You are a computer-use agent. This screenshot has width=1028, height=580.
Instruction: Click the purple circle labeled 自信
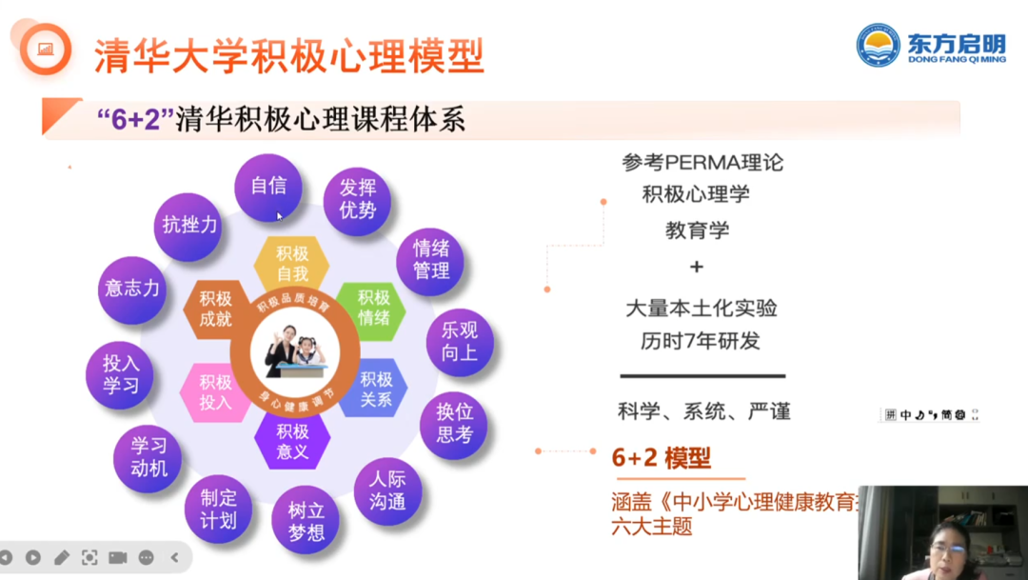(x=268, y=187)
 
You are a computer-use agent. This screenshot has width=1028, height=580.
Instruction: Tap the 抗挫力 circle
(x=189, y=226)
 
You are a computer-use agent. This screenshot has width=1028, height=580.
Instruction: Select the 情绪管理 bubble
(x=430, y=260)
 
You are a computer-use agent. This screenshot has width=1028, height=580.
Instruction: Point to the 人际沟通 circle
(x=387, y=490)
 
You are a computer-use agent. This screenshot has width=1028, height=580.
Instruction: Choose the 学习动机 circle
(x=148, y=457)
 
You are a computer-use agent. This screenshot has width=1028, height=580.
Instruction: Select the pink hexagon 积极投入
(x=215, y=391)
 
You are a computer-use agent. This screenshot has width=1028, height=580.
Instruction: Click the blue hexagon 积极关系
(x=375, y=390)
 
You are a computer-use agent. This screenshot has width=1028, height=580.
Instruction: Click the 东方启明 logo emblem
(x=878, y=45)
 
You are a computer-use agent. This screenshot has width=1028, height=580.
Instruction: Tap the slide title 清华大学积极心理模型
(x=288, y=55)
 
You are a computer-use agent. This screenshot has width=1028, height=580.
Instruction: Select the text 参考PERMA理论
(x=702, y=162)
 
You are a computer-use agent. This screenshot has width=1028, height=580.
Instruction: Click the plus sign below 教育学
(x=698, y=268)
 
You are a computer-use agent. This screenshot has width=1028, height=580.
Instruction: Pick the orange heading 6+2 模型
(x=661, y=458)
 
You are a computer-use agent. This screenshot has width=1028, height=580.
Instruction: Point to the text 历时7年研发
(x=700, y=341)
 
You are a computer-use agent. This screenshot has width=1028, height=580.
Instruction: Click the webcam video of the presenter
(x=942, y=532)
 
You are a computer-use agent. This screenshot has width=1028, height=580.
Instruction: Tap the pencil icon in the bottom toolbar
(x=61, y=557)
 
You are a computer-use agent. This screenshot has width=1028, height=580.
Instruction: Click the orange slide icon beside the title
(x=45, y=49)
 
